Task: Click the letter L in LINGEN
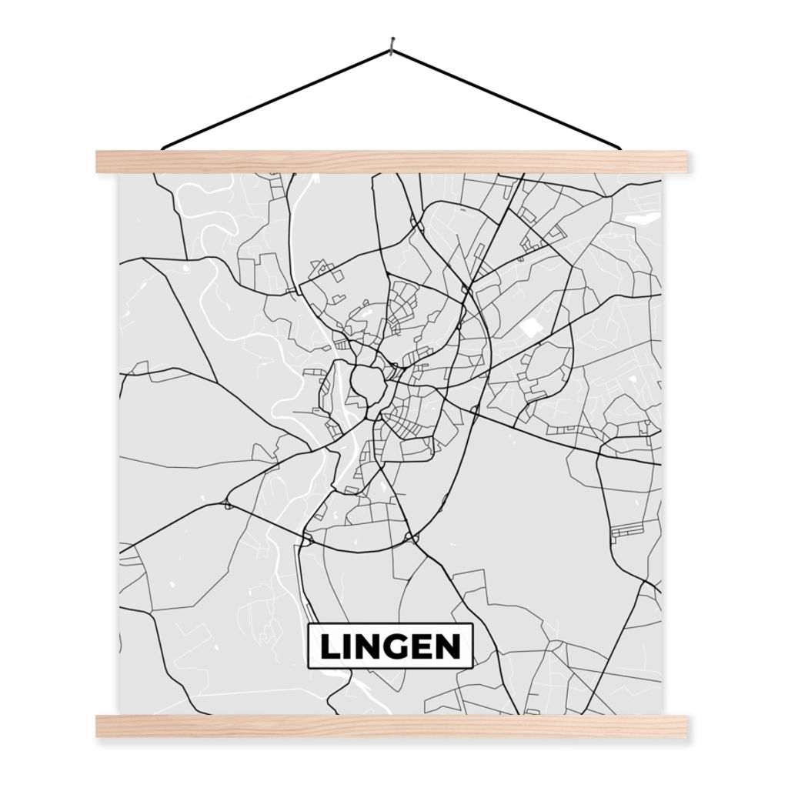point(329,647)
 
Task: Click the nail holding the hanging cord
point(392,43)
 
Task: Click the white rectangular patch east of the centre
point(530,327)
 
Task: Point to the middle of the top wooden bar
point(391,162)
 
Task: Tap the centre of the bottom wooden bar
point(391,726)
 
